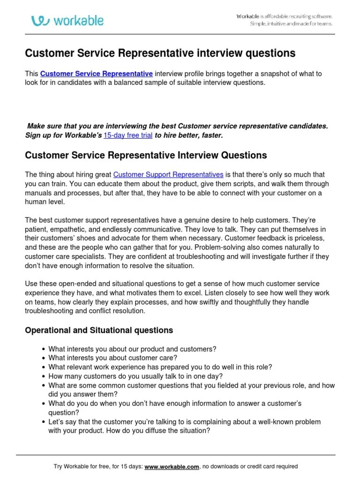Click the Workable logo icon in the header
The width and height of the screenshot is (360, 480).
(x=41, y=21)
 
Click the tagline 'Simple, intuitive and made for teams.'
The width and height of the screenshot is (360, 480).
(x=291, y=24)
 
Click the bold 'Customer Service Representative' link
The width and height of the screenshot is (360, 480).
(x=97, y=74)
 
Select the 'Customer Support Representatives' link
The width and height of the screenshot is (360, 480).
(x=168, y=174)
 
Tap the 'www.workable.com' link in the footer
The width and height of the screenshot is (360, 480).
(x=172, y=466)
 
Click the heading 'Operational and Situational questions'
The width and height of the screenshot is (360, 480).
(x=99, y=330)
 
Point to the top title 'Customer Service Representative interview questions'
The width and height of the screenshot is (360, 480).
(x=160, y=53)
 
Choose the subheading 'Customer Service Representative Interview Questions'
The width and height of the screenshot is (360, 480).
(x=146, y=155)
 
